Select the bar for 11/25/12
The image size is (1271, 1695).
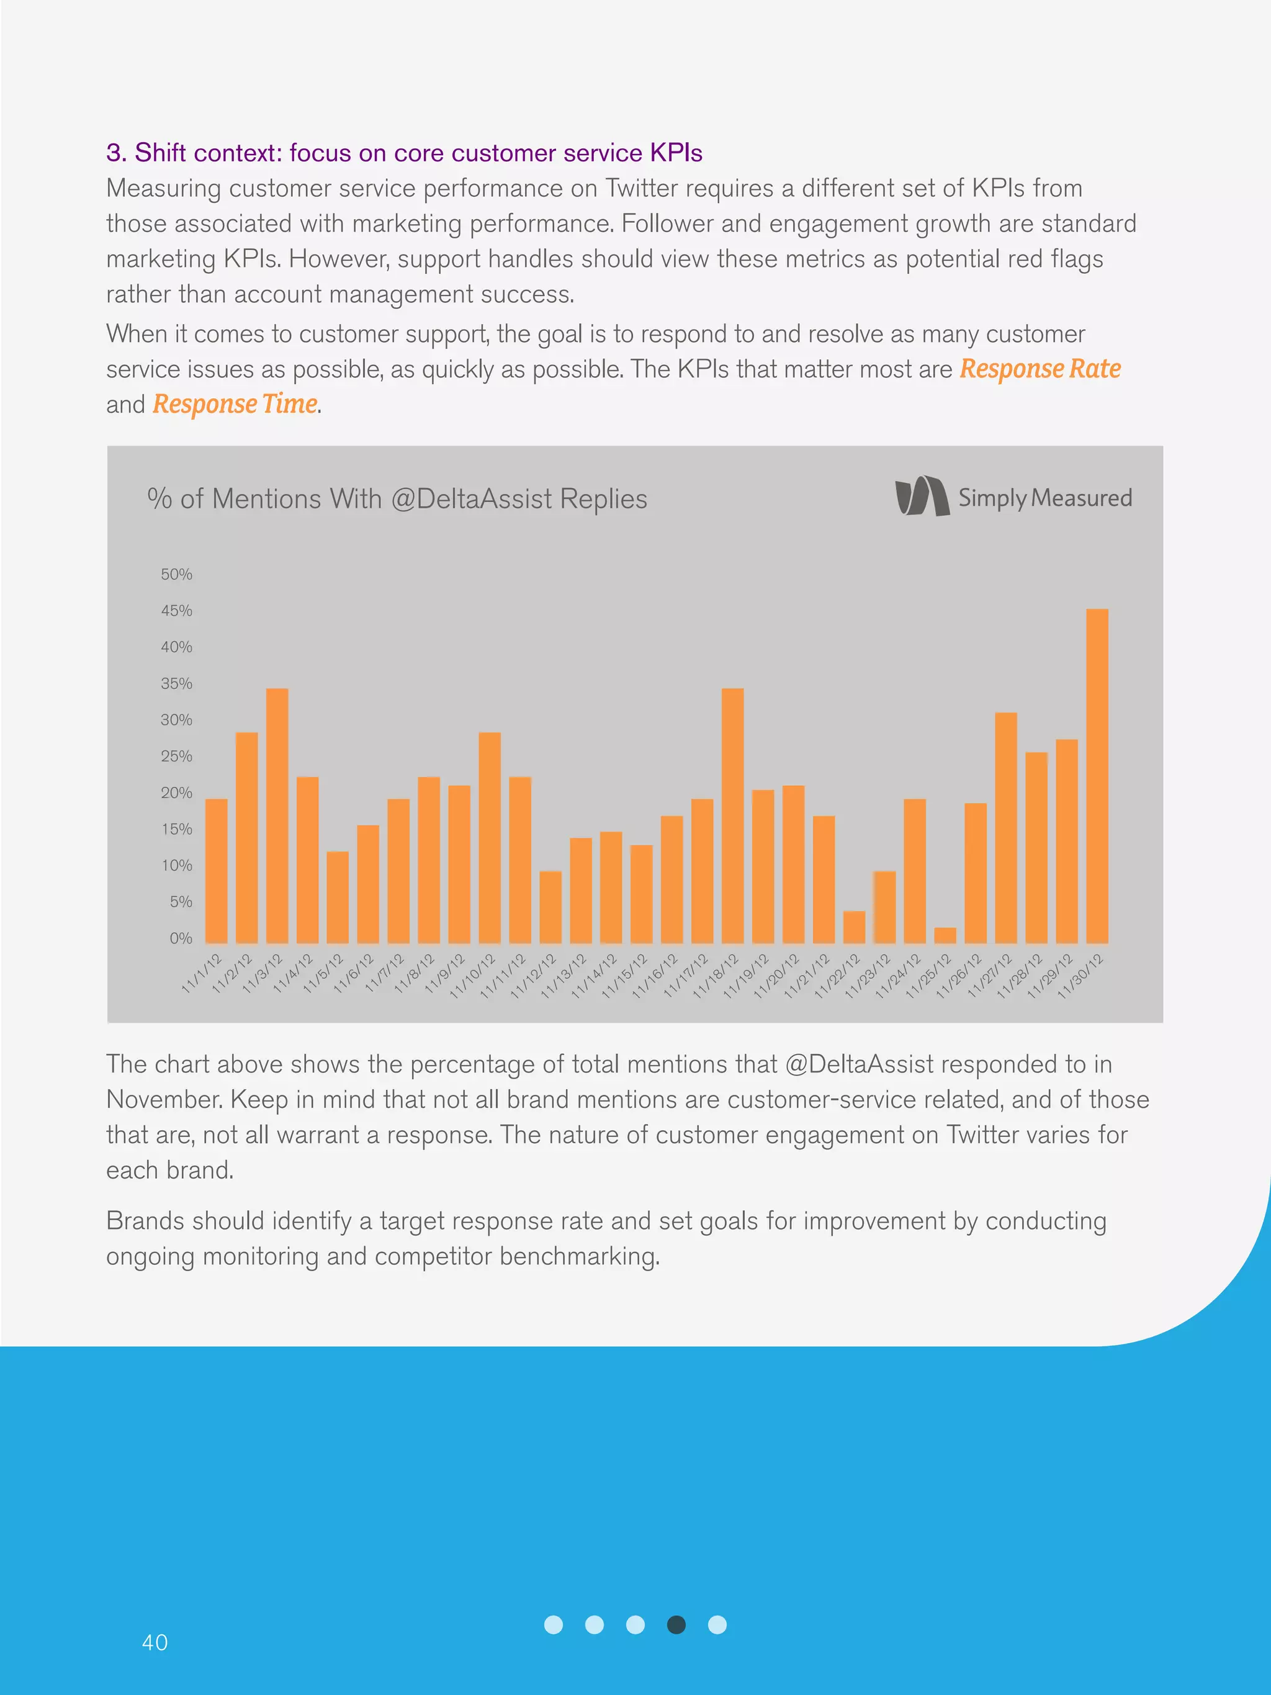click(x=945, y=935)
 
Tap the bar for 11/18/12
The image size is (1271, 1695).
click(x=732, y=816)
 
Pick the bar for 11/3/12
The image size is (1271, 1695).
click(x=277, y=816)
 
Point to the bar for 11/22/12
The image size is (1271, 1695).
click(x=853, y=927)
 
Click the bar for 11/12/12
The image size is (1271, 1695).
click(x=550, y=907)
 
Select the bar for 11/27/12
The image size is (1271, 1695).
click(x=1005, y=827)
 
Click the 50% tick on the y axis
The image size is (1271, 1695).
click(x=176, y=575)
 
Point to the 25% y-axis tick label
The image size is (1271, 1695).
click(x=176, y=757)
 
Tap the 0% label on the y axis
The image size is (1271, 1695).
click(x=181, y=938)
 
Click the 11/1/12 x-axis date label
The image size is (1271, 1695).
click(x=202, y=973)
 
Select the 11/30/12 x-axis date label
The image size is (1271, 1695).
click(x=1080, y=976)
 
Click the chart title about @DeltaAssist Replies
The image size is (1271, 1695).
click(x=397, y=499)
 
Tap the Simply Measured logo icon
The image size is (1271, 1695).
click(x=922, y=496)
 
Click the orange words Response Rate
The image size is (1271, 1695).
click(x=1040, y=369)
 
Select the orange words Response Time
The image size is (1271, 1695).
click(x=235, y=404)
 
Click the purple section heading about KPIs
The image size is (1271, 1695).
click(x=404, y=153)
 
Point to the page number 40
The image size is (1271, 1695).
click(x=155, y=1642)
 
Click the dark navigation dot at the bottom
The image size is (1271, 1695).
click(x=676, y=1624)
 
